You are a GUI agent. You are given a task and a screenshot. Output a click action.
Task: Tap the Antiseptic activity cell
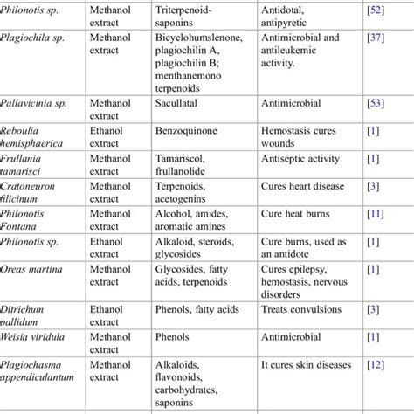point(304,157)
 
